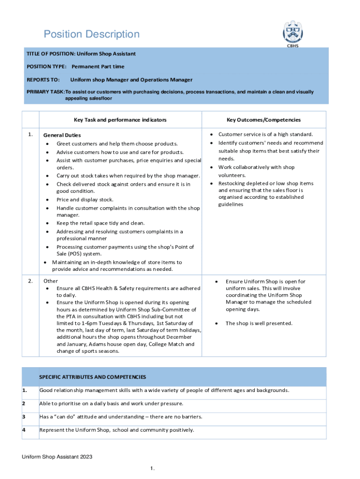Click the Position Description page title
click(92, 34)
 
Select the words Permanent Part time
click(98, 67)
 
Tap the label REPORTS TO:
click(43, 80)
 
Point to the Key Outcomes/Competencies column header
click(264, 120)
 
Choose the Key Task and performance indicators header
click(120, 120)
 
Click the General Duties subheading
click(62, 135)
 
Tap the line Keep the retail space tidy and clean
click(101, 223)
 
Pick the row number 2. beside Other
click(30, 281)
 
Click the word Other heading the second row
click(50, 281)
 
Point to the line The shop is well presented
click(259, 323)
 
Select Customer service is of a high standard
click(266, 134)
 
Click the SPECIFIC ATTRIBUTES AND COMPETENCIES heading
click(93, 377)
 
